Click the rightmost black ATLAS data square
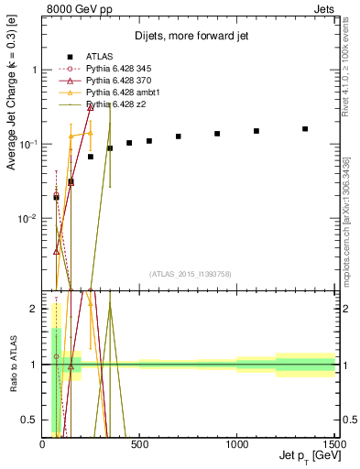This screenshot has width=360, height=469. point(305,129)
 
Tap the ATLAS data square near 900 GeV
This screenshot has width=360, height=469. point(217,134)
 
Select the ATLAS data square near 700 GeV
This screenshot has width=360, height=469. point(179,136)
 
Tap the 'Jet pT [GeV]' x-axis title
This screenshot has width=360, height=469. point(306,456)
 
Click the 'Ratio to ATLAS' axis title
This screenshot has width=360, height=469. point(12,365)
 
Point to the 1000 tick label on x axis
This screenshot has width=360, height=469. point(237,445)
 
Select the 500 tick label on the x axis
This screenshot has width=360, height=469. point(139,445)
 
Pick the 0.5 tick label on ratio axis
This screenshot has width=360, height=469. point(30,420)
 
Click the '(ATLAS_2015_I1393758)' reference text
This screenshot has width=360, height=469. point(189,273)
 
